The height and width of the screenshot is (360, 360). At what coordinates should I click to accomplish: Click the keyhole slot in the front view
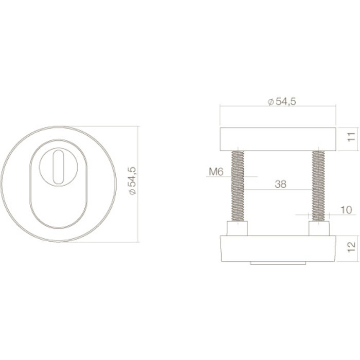tap(58, 163)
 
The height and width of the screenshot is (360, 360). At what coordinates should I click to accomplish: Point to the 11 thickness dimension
tap(350, 137)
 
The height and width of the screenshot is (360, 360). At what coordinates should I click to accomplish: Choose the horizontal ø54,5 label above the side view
tap(282, 102)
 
